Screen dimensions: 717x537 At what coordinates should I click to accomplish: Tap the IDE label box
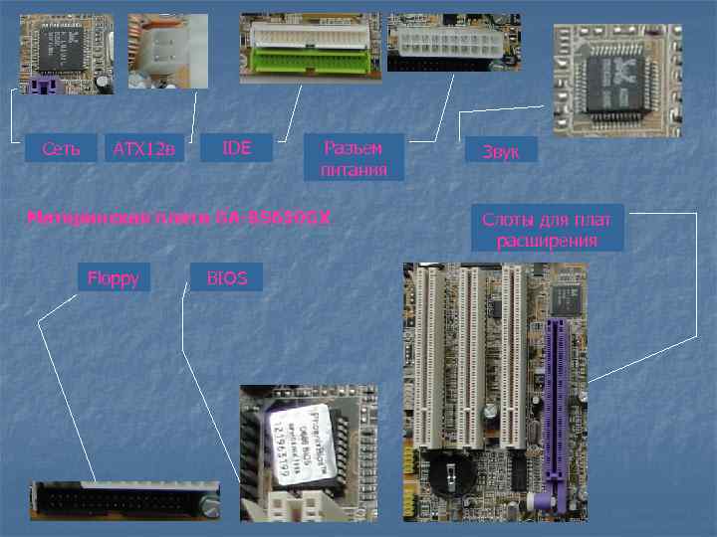(x=236, y=148)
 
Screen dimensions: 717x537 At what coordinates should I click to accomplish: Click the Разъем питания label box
(x=353, y=158)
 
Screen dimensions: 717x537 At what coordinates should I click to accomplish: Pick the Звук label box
(x=501, y=150)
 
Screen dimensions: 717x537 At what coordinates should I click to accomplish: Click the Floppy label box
(x=113, y=276)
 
